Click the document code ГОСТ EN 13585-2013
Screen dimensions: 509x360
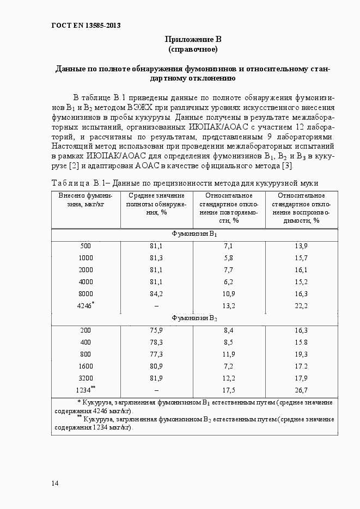click(x=86, y=26)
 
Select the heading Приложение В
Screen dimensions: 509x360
click(x=193, y=39)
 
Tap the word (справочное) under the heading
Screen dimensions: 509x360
click(x=193, y=50)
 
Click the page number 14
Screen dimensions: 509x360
click(x=55, y=483)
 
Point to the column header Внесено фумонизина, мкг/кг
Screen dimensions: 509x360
click(x=86, y=200)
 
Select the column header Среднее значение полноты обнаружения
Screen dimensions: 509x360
click(x=156, y=204)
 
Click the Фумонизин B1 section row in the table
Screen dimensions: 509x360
click(x=194, y=234)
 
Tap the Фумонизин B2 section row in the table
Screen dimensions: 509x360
click(x=194, y=318)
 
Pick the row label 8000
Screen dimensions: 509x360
click(x=86, y=293)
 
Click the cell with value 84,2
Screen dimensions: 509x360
click(x=156, y=293)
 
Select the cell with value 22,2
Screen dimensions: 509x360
click(x=301, y=306)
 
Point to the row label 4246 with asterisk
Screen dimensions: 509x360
click(x=86, y=305)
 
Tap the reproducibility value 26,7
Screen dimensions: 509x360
click(x=301, y=390)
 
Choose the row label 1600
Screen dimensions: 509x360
click(x=86, y=366)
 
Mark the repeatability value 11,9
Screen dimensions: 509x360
click(x=229, y=354)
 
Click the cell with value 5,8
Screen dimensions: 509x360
click(x=229, y=257)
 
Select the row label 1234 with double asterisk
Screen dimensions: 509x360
click(x=86, y=390)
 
